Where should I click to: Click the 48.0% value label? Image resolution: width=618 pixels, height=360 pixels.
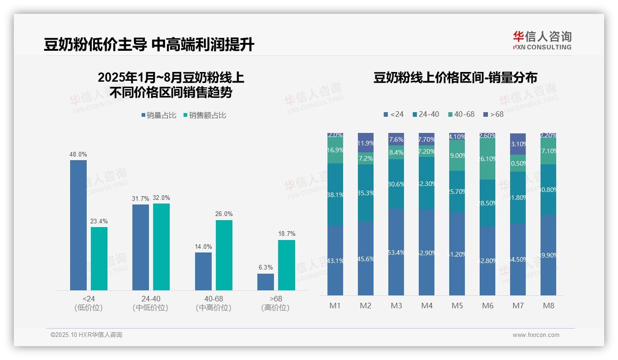tap(78, 155)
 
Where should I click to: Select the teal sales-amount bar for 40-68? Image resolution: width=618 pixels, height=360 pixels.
tap(224, 255)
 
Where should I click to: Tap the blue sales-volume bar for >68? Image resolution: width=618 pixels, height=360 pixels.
tap(266, 282)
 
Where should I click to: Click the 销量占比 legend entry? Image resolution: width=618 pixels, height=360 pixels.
tap(159, 115)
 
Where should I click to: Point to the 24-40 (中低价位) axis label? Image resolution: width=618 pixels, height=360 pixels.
tap(150, 303)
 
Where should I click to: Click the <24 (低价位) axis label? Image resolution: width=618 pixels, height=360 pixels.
tap(88, 303)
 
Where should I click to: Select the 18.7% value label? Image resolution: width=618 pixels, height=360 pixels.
tap(287, 234)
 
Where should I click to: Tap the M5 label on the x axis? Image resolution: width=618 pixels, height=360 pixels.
tap(457, 306)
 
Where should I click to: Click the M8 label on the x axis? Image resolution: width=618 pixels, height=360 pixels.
tap(548, 306)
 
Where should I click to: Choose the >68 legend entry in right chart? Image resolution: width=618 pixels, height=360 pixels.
tap(493, 114)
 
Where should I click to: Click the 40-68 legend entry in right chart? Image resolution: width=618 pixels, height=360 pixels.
tap(461, 114)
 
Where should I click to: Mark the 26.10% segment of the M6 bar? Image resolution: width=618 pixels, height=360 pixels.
tap(487, 159)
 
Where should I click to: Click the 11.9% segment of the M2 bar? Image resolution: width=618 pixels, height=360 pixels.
tap(366, 143)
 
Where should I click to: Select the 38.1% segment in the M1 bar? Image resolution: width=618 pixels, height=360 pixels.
tap(335, 194)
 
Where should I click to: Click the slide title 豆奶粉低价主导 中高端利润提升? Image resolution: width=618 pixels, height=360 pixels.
tap(149, 45)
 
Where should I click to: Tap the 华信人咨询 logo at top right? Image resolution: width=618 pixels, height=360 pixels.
tap(542, 40)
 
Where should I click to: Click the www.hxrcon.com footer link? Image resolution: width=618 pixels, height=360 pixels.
tap(536, 335)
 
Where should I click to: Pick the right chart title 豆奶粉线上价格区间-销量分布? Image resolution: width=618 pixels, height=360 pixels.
tap(455, 78)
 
